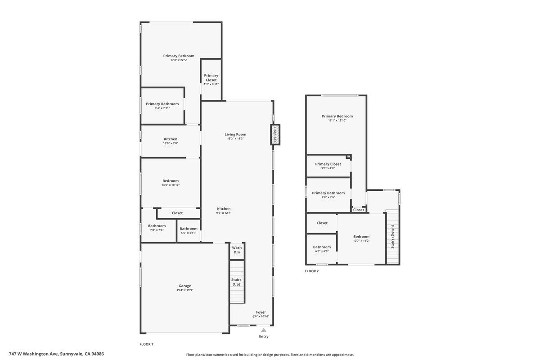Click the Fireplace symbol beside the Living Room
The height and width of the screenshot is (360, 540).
click(275, 135)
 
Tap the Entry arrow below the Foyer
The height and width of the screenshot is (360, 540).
click(264, 330)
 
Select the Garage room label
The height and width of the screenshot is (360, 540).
click(184, 286)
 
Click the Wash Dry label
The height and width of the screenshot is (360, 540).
click(237, 250)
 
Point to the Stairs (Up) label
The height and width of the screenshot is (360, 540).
click(236, 282)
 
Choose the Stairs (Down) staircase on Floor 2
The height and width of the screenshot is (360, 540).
click(392, 237)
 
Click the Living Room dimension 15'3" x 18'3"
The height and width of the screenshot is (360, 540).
click(235, 139)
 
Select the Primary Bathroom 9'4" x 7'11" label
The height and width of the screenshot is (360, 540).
click(162, 106)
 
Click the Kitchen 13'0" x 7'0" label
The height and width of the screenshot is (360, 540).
click(171, 141)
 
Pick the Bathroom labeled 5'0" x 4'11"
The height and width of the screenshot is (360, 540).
click(189, 230)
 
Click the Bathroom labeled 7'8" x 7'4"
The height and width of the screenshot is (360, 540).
click(157, 228)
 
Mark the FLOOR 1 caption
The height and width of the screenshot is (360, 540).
click(146, 344)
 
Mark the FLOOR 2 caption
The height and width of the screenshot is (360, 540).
click(311, 271)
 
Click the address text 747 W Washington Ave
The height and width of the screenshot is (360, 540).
click(56, 354)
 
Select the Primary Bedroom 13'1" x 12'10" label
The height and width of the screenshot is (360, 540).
click(337, 118)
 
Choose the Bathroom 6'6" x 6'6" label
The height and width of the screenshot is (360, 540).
click(322, 249)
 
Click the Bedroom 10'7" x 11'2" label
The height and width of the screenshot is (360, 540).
click(361, 238)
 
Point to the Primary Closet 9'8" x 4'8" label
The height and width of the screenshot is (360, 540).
click(328, 166)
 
